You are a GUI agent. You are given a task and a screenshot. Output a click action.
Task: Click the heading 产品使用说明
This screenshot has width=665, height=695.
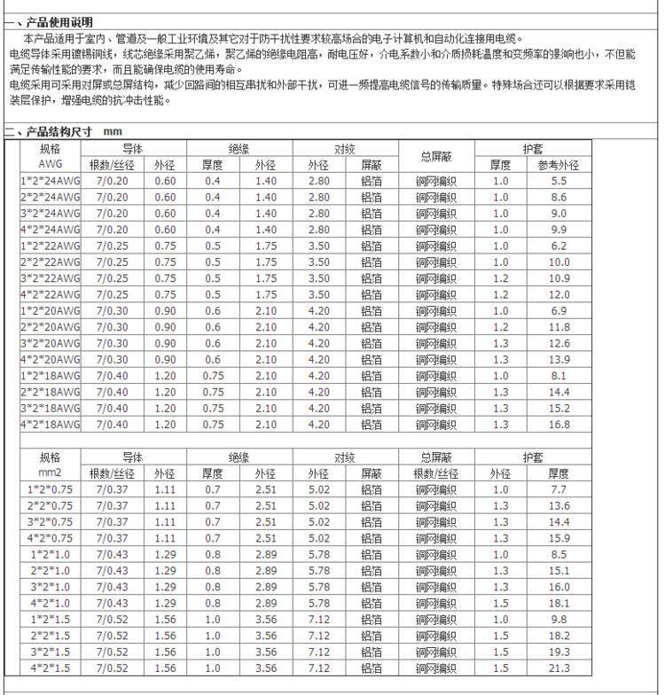[59, 21]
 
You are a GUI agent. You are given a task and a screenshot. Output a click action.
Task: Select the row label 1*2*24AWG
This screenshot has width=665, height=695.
[51, 181]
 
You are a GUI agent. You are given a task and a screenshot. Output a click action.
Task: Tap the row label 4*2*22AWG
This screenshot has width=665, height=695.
[51, 294]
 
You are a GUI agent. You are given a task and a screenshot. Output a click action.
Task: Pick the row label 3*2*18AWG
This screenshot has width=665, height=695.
[51, 409]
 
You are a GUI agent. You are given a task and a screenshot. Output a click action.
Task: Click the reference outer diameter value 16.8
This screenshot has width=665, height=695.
[559, 425]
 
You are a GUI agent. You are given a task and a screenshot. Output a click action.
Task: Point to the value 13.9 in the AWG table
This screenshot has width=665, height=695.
[559, 359]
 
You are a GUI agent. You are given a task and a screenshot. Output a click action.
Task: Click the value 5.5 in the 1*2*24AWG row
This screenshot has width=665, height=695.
[559, 181]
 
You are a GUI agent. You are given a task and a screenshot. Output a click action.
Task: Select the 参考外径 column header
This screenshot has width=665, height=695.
[559, 165]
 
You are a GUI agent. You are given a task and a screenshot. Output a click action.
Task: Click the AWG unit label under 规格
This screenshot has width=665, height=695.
[51, 165]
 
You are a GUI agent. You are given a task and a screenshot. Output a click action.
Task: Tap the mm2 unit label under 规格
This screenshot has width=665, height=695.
[51, 473]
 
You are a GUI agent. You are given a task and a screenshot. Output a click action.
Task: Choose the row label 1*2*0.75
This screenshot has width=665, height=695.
[51, 489]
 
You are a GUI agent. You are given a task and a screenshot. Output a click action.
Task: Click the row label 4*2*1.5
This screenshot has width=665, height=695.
[51, 668]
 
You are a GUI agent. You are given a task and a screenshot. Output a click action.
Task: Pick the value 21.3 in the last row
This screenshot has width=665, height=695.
[559, 668]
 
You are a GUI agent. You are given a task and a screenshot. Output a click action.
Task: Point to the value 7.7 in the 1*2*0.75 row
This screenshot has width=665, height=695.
[559, 489]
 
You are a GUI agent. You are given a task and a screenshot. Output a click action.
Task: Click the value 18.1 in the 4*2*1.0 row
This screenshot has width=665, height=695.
[559, 604]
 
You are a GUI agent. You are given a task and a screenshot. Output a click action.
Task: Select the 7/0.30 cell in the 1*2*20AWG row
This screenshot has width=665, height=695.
[112, 311]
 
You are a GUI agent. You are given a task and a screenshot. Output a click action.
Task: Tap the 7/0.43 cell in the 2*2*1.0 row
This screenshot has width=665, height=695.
[112, 571]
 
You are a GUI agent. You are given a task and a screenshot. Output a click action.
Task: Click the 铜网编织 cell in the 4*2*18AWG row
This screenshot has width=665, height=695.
[436, 425]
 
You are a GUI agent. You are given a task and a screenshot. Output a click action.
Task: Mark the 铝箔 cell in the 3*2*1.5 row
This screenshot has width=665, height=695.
[372, 652]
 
